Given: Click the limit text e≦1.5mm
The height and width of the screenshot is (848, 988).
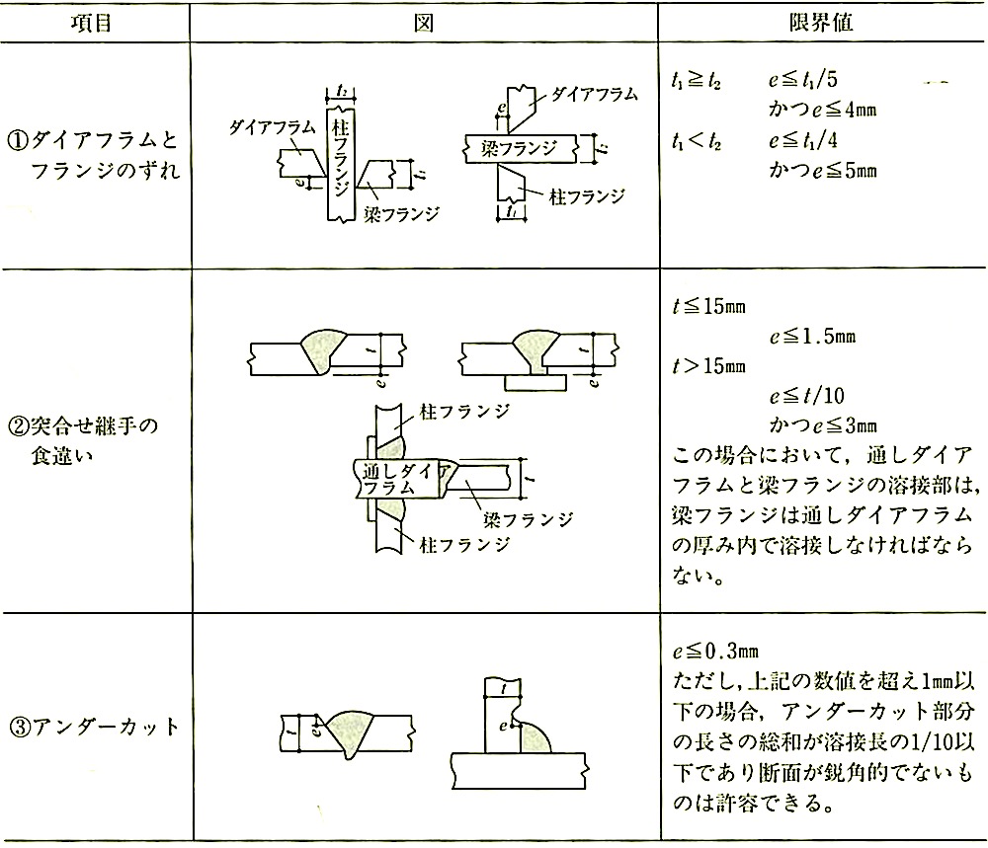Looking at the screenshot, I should click(x=812, y=336).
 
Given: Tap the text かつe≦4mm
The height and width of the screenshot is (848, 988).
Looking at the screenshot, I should click(x=822, y=107).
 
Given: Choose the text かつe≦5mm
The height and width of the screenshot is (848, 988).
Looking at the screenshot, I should click(x=822, y=170).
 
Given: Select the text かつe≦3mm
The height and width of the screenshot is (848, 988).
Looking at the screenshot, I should click(x=822, y=426).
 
